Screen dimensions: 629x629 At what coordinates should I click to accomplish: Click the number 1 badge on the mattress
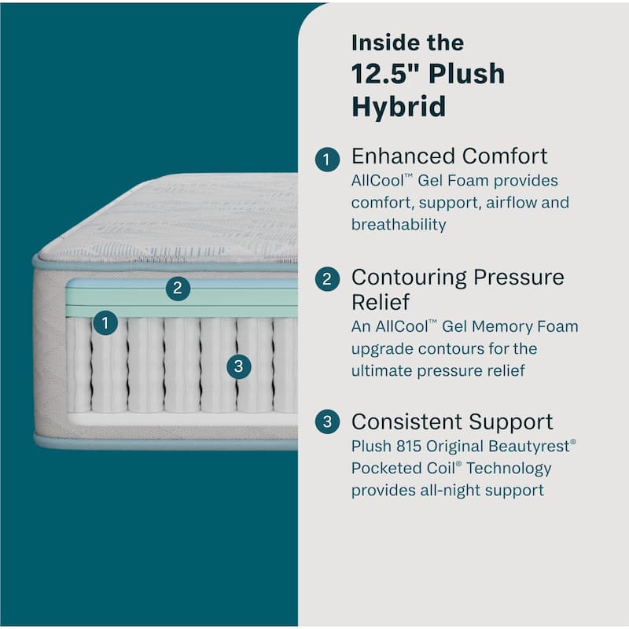[105, 322]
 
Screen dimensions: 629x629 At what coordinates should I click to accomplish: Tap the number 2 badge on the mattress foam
[178, 289]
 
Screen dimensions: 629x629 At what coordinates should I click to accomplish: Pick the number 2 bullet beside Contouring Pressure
[327, 278]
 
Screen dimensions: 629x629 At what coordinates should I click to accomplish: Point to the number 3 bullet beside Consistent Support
[327, 422]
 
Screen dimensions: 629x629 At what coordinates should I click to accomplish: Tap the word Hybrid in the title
[399, 106]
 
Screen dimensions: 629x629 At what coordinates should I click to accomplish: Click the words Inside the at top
[407, 42]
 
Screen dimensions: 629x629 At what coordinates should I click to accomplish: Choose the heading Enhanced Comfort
[449, 156]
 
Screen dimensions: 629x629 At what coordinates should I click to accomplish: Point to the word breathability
[399, 225]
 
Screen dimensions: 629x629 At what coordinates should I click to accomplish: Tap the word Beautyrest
[529, 447]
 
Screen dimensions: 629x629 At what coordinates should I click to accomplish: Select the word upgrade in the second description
[379, 348]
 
